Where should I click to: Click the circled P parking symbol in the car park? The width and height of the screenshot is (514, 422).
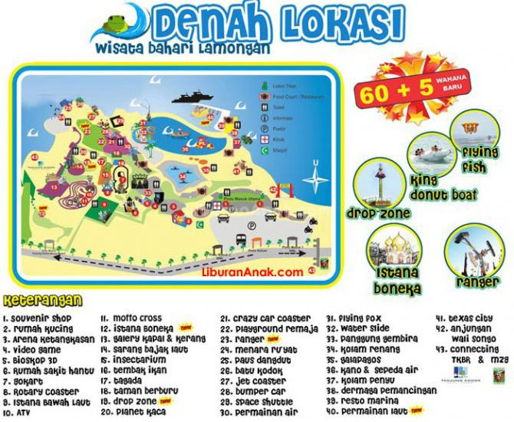coord(252,226)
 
